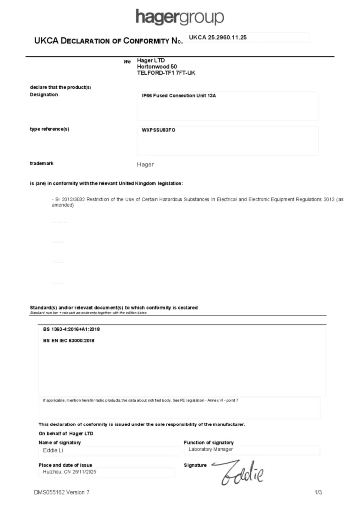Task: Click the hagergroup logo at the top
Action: [180, 17]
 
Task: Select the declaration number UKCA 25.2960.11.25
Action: [218, 38]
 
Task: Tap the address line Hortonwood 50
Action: [157, 67]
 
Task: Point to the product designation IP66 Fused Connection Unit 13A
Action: [179, 95]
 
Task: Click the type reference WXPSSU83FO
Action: [159, 130]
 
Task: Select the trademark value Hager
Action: [145, 164]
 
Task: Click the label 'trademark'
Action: [42, 163]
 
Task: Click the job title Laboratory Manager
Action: [211, 449]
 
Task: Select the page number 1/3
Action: [318, 493]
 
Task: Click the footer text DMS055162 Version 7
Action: [62, 493]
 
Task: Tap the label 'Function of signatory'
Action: [208, 442]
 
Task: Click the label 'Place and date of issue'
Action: [65, 465]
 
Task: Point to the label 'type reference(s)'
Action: [49, 129]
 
